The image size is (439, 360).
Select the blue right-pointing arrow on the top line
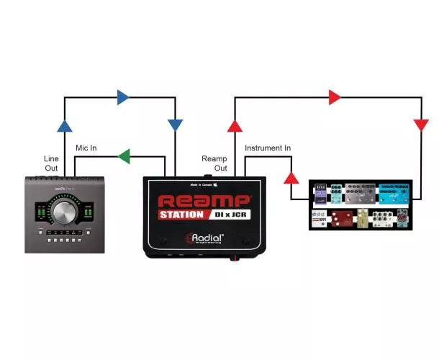tap(124, 96)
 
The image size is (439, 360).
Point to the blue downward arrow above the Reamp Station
tap(174, 125)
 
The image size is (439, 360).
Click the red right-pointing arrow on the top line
tap(335, 96)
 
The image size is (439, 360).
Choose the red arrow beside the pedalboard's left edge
tap(291, 176)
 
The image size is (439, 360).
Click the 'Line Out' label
tap(52, 163)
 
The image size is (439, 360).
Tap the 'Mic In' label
tap(86, 148)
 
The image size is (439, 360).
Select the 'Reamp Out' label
tap(214, 163)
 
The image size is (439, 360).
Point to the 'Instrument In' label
tap(268, 148)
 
